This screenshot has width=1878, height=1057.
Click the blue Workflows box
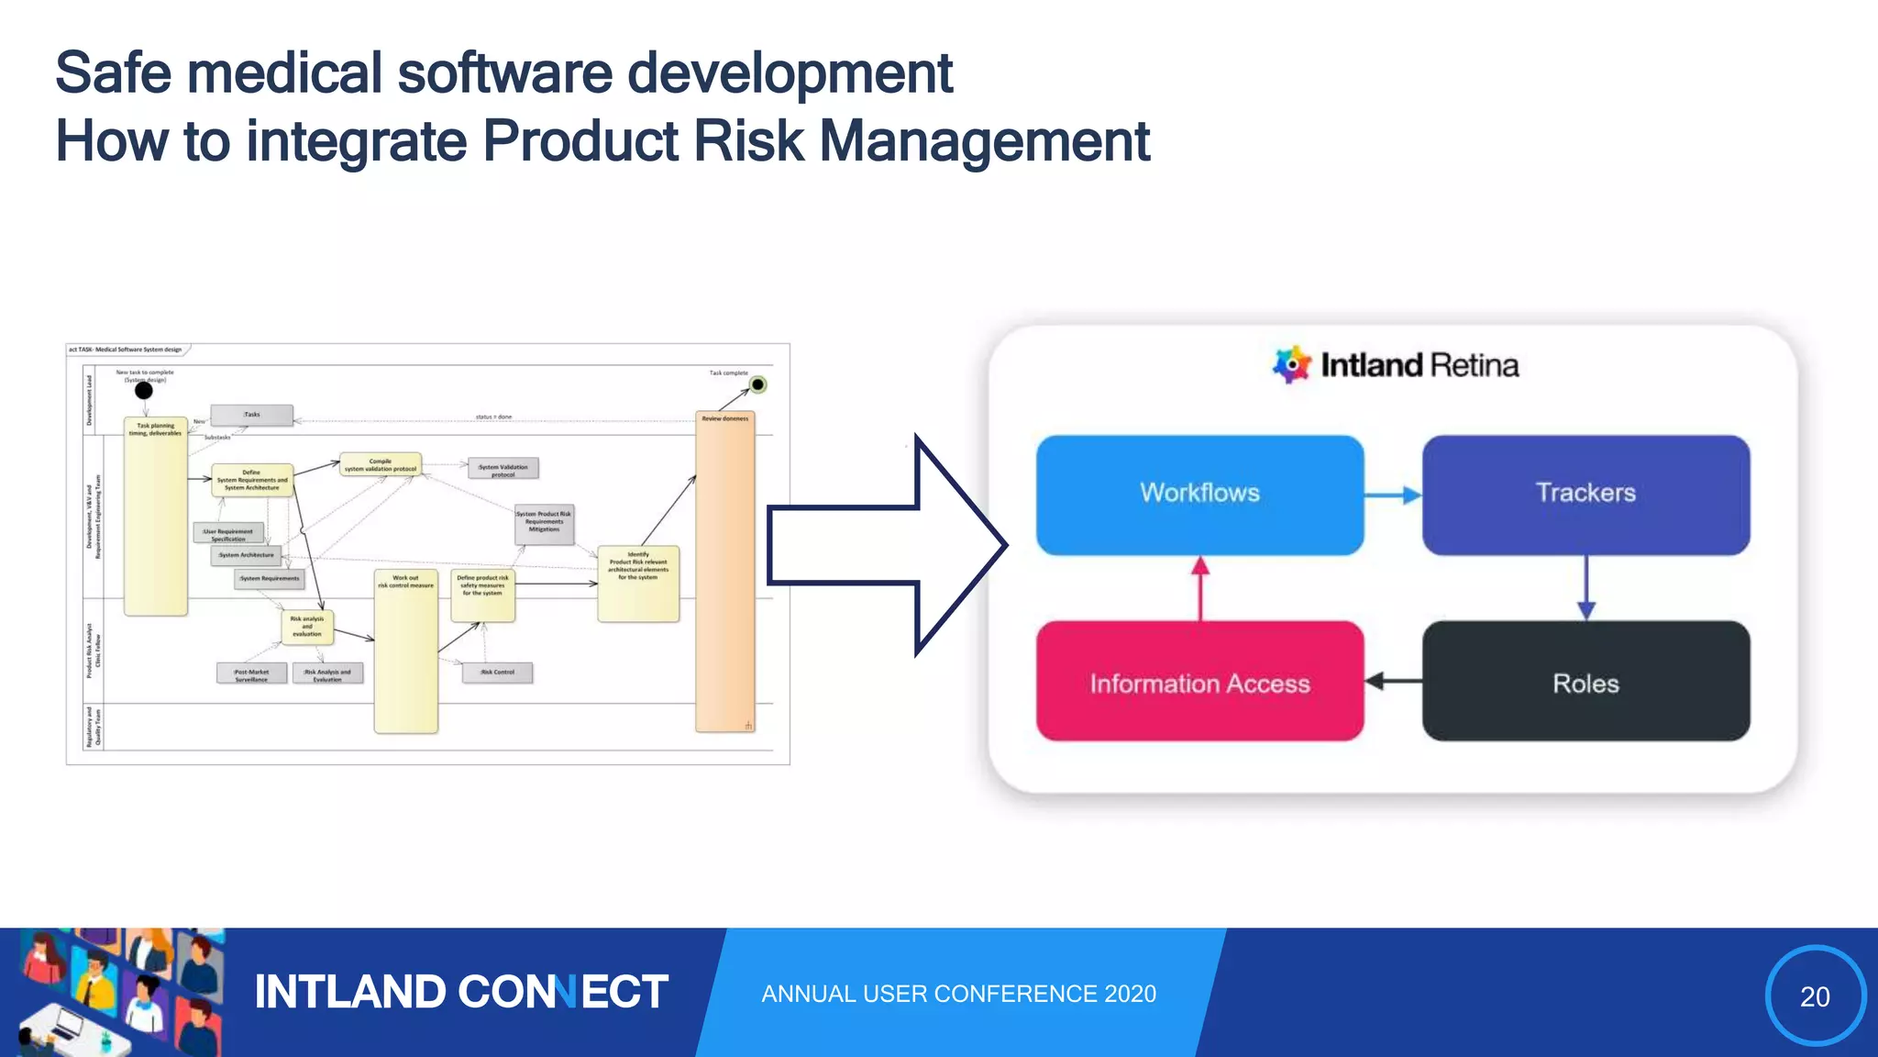click(x=1199, y=495)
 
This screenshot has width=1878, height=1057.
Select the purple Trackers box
click(x=1585, y=495)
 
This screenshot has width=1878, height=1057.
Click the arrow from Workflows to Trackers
click(x=1393, y=495)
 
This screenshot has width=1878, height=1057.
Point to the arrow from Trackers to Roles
click(x=1586, y=588)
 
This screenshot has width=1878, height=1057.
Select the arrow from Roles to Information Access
click(x=1393, y=681)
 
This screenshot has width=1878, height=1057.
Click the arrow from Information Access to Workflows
click(x=1200, y=588)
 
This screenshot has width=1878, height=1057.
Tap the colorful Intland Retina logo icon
click(x=1291, y=364)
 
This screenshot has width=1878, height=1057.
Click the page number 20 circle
click(x=1815, y=996)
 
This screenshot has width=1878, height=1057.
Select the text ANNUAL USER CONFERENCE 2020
click(x=958, y=994)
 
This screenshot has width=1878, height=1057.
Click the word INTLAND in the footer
click(x=349, y=992)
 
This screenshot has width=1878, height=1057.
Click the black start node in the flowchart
click(x=144, y=391)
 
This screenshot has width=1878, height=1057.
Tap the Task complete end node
click(x=757, y=384)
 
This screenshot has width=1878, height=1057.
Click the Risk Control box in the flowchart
click(x=498, y=673)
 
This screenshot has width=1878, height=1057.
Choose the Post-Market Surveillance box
click(x=251, y=674)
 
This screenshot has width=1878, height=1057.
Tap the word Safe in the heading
click(x=112, y=72)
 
